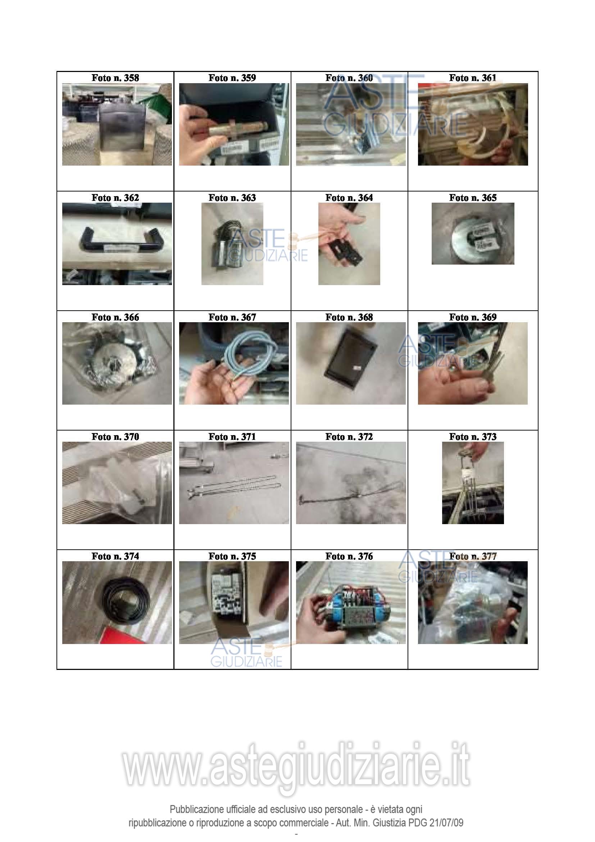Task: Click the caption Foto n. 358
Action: tap(115, 78)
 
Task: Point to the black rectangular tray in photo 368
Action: tap(351, 363)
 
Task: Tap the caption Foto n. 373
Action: tap(473, 437)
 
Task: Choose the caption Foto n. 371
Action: tap(232, 437)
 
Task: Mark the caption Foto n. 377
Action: tap(473, 556)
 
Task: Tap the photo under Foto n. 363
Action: tap(232, 244)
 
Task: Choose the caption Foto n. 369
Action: tap(473, 317)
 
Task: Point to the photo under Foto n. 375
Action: tap(234, 603)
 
